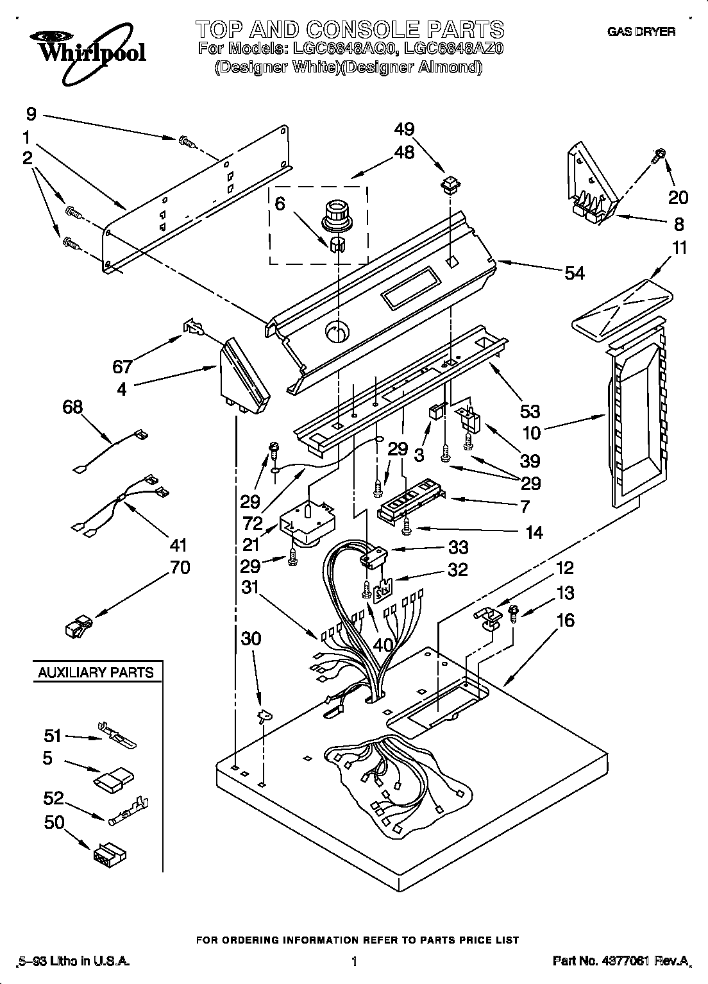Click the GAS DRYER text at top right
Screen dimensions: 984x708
[x=641, y=31]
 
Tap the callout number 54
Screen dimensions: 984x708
[x=574, y=273]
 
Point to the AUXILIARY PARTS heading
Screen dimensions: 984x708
[x=96, y=672]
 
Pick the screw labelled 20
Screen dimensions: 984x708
[x=659, y=154]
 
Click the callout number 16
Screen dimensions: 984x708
[x=565, y=620]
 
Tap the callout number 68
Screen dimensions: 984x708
[x=73, y=407]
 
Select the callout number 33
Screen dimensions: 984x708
[x=458, y=547]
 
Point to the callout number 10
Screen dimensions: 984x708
[x=532, y=432]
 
